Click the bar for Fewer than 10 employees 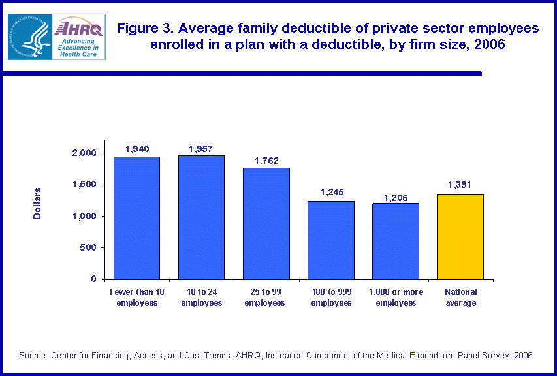coord(136,218)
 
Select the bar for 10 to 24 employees coord(201,217)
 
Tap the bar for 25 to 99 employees coord(266,223)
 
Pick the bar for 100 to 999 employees coord(331,240)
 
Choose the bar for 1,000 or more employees coord(396,242)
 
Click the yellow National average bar coord(460,236)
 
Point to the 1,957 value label coord(201,149)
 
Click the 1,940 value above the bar coord(137,149)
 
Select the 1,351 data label coord(460,185)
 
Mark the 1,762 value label coord(266,161)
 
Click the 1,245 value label coord(331,193)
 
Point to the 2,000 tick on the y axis coord(83,153)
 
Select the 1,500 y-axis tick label coord(83,185)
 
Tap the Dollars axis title coord(37,203)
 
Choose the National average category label coord(460,297)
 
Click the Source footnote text coord(276,356)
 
